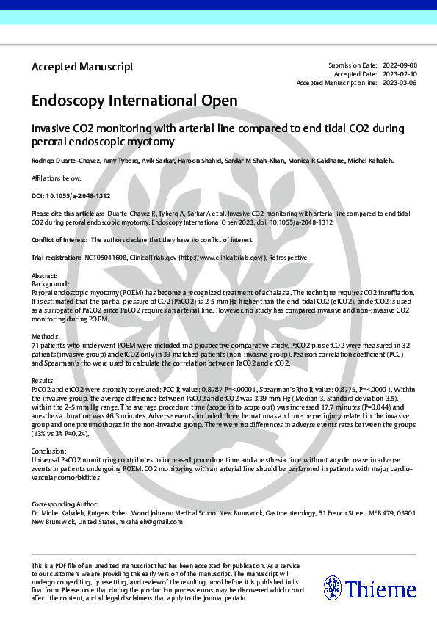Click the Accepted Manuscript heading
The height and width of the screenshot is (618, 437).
tap(82, 67)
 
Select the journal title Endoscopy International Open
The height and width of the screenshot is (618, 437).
tap(134, 101)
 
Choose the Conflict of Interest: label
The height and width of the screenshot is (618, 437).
tap(59, 240)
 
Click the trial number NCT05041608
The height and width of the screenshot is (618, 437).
tap(106, 258)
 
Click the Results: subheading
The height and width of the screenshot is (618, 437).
tap(44, 381)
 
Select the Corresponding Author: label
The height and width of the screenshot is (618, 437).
tap(65, 504)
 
